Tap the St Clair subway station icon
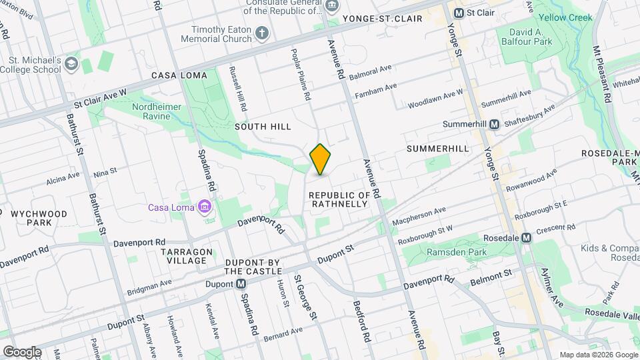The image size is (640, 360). pyautogui.click(x=459, y=13)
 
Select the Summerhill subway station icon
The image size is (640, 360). pyautogui.click(x=495, y=125)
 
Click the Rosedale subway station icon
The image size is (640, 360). pyautogui.click(x=527, y=237)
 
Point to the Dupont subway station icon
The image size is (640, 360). pyautogui.click(x=241, y=285)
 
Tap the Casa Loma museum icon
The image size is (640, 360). pyautogui.click(x=205, y=207)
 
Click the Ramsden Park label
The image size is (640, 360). pyautogui.click(x=445, y=253)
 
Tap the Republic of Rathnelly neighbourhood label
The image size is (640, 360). pyautogui.click(x=339, y=199)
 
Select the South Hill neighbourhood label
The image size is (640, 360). pyautogui.click(x=263, y=127)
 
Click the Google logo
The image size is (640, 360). pyautogui.click(x=21, y=351)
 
